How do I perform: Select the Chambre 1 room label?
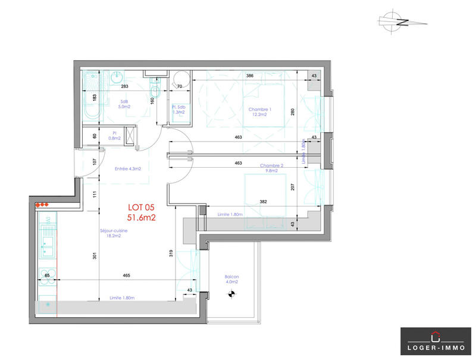tap(259, 112)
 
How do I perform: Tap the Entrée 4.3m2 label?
tap(128, 169)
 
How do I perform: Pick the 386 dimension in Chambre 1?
tap(250, 76)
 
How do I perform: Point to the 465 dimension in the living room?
tap(126, 276)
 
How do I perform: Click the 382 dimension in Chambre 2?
tap(262, 202)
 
